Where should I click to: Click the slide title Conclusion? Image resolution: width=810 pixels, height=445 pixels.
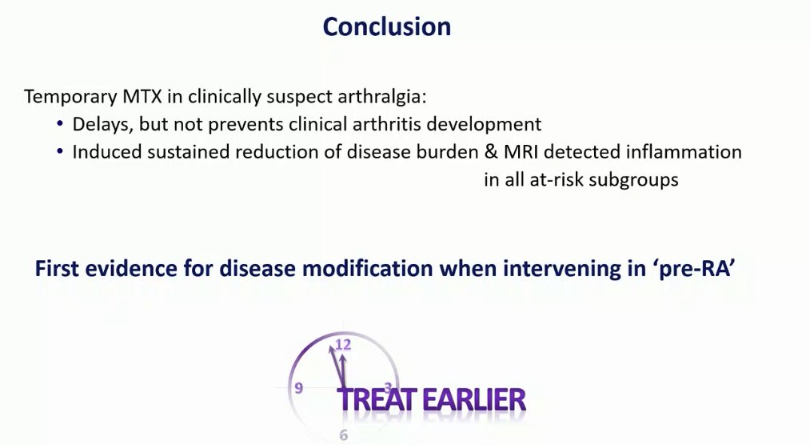tap(387, 26)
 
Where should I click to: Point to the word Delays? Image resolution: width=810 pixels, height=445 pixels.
tap(102, 125)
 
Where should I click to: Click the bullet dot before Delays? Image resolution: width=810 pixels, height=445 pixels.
tap(60, 123)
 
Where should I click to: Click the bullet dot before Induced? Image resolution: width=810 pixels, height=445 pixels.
tap(60, 151)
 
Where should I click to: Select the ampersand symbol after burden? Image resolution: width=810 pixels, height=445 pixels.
tap(491, 152)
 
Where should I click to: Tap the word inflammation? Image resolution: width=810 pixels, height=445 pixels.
tap(684, 152)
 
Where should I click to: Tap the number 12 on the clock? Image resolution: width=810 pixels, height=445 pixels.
tap(343, 344)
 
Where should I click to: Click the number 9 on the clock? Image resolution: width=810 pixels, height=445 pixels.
tap(298, 387)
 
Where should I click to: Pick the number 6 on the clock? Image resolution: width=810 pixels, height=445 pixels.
tap(344, 435)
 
